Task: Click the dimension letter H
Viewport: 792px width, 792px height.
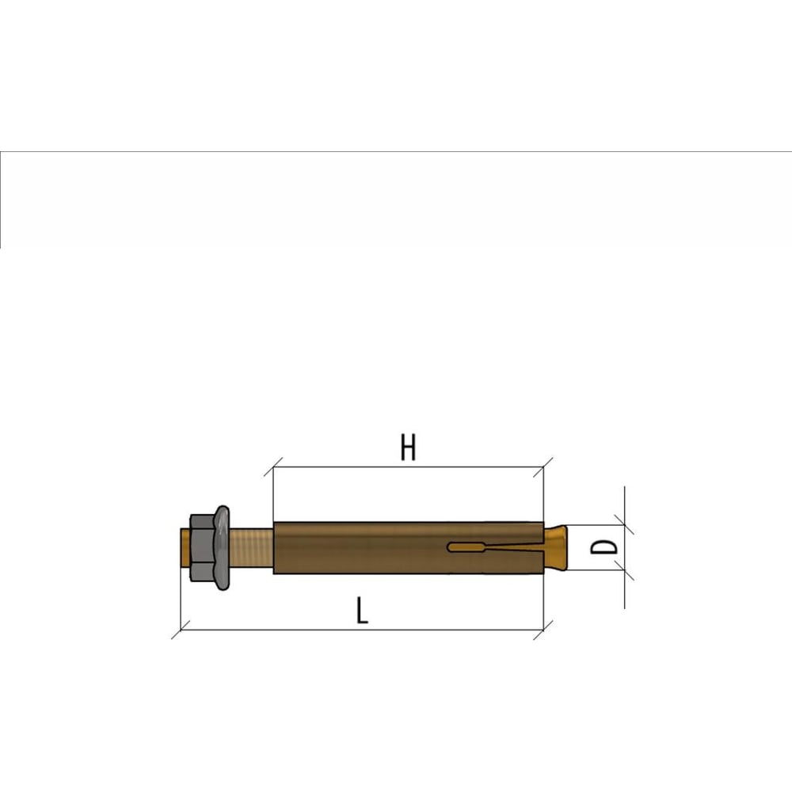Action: pos(408,447)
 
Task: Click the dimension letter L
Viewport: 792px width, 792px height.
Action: pos(362,610)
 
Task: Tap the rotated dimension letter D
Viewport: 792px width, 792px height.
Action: pos(604,547)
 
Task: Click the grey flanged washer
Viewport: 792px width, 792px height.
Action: pos(222,547)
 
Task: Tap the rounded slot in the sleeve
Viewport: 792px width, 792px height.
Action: pos(466,547)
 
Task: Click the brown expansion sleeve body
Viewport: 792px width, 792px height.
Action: pos(409,547)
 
